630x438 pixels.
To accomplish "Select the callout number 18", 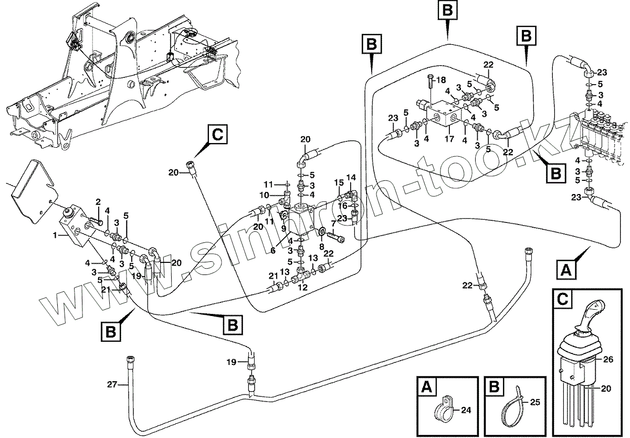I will tap(441, 79).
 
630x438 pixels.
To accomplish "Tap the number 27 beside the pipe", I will tap(111, 385).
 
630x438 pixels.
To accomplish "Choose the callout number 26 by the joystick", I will tap(608, 361).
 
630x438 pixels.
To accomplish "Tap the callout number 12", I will tap(302, 288).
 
